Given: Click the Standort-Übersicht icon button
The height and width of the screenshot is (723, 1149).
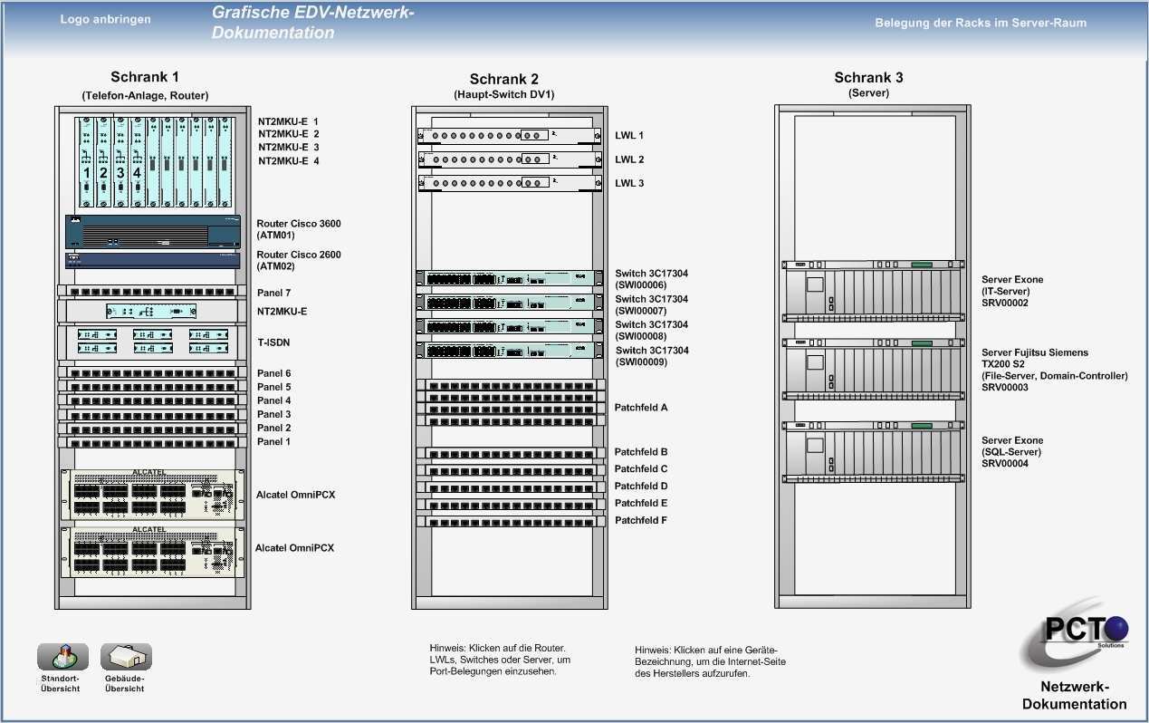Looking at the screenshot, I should coord(62,657).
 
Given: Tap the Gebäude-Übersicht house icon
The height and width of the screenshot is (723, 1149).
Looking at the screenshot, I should coord(126,657).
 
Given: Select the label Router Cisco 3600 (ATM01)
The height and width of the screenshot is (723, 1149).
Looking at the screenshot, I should coord(299,229).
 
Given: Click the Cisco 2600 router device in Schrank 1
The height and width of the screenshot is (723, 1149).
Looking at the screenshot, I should coord(153,259).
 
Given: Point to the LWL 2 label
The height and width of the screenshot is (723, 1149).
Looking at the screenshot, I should coord(629,159).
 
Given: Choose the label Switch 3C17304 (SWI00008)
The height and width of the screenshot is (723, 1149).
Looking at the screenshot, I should coord(652,331).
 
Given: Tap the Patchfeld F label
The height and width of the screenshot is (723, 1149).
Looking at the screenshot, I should coord(641,520).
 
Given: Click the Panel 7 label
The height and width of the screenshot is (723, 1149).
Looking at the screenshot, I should coord(273,293).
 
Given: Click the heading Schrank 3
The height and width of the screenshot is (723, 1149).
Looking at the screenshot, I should coord(868,78).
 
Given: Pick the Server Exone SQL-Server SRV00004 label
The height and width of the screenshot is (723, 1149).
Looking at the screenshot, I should coord(1012,452).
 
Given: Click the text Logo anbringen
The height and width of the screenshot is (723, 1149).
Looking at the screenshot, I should coord(106,19).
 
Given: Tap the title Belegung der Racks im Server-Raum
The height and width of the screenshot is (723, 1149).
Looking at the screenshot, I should coord(981,23).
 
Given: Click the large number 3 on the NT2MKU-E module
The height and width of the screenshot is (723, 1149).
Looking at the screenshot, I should coord(120,172).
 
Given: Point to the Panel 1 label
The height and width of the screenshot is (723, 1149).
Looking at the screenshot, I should coord(273,441).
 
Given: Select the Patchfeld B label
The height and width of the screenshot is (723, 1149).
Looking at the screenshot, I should coord(641,451).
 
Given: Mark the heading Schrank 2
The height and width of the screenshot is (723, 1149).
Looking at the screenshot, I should coord(504,79).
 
